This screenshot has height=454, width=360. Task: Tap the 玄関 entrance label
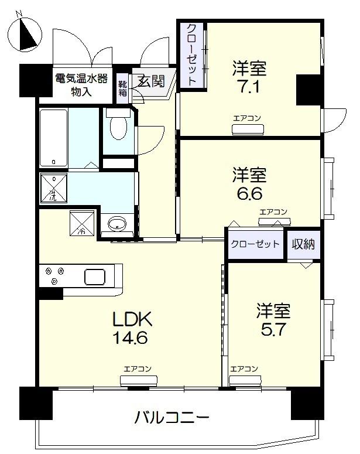[150, 81]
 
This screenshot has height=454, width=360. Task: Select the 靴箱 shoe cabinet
[122, 87]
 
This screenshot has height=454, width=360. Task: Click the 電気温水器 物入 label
[81, 84]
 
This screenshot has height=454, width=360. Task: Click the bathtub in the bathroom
[54, 138]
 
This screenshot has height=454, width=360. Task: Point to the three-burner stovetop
[54, 276]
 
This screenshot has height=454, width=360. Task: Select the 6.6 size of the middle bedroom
[249, 194]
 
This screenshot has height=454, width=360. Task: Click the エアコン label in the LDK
[138, 369]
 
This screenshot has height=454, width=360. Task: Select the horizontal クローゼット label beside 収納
[255, 244]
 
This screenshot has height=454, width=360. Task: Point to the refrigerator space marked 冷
[80, 223]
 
